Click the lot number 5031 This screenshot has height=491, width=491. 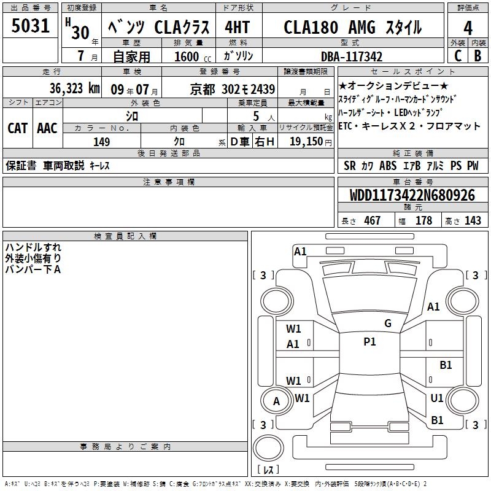tap(30, 26)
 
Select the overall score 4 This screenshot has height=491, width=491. tap(468, 28)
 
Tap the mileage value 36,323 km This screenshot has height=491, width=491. tap(74, 88)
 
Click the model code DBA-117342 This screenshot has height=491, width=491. tap(352, 56)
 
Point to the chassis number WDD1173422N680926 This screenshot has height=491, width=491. tap(412, 195)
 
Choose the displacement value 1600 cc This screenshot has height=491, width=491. tap(193, 56)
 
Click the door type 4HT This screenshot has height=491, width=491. tap(238, 27)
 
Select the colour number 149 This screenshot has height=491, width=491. tap(101, 142)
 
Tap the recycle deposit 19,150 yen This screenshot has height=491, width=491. tap(311, 142)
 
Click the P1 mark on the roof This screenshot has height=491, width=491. tap(369, 342)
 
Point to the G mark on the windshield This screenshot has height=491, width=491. tap(388, 323)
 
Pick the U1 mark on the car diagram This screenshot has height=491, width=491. tap(437, 398)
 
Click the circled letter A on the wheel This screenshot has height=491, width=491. tap(276, 401)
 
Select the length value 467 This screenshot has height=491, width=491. tap(372, 220)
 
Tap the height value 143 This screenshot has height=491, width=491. tap(473, 220)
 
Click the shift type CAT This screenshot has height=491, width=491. tap(18, 128)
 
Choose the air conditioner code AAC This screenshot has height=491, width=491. tap(47, 128)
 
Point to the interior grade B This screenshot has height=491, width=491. tap(477, 56)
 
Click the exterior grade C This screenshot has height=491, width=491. tap(458, 56)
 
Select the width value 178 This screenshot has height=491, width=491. tap(423, 220)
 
